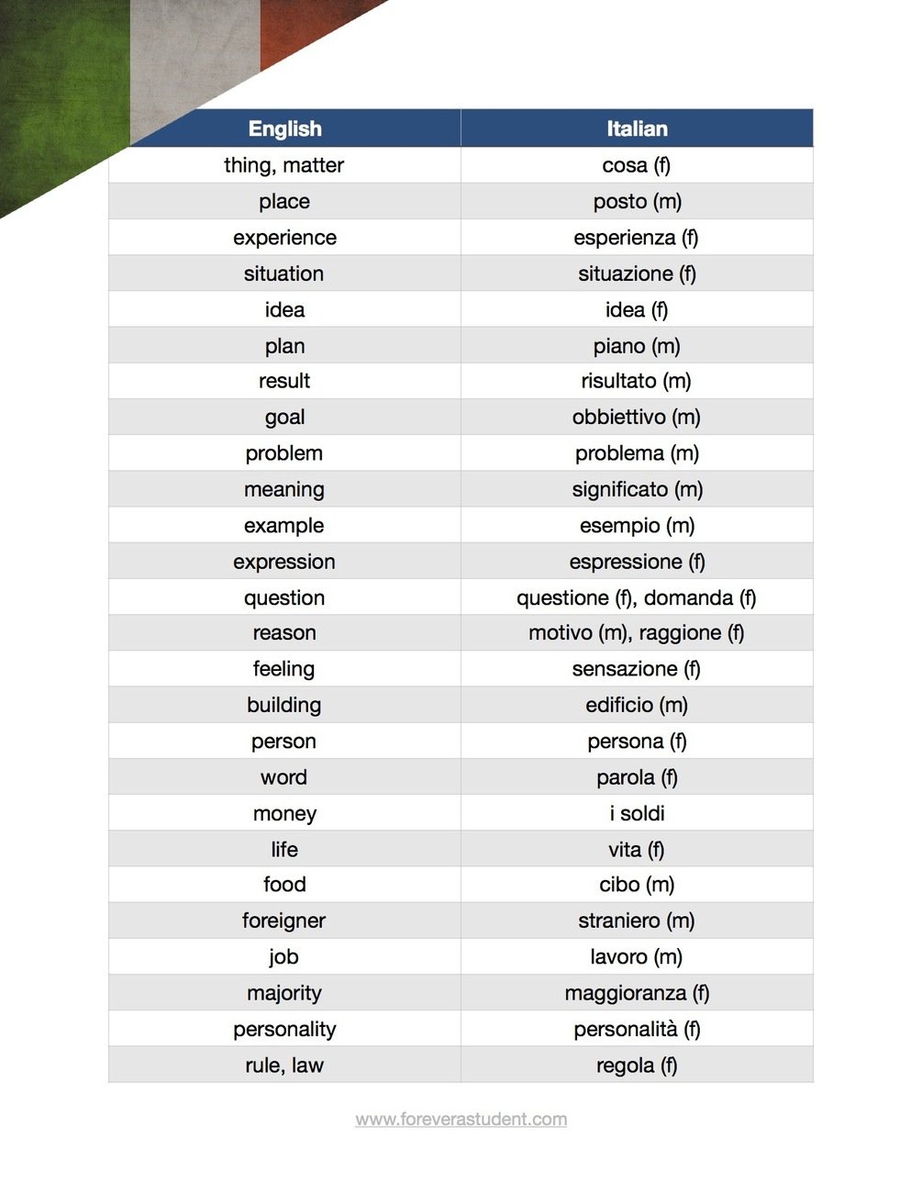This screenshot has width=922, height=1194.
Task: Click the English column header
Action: (x=284, y=128)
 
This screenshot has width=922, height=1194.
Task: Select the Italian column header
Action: (x=637, y=128)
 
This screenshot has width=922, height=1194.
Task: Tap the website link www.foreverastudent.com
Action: (x=461, y=1119)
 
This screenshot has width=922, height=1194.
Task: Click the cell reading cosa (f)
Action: (x=637, y=165)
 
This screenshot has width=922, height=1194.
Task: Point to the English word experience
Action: (x=284, y=238)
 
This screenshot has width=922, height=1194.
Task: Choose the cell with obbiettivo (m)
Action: (x=637, y=418)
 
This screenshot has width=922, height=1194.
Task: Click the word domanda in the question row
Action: (x=688, y=598)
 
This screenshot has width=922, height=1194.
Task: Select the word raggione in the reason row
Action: (x=680, y=633)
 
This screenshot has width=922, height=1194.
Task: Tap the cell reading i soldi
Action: (x=637, y=814)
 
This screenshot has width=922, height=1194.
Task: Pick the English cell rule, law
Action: (x=284, y=1066)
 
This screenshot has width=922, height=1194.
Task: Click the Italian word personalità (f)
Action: (x=637, y=1030)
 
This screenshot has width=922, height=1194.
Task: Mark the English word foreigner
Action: (x=284, y=921)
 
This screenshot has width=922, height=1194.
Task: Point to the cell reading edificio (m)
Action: (x=637, y=706)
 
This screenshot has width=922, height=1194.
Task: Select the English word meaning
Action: (x=284, y=490)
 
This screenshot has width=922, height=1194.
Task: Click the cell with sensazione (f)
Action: (x=637, y=669)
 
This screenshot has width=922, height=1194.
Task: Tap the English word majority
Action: (x=284, y=993)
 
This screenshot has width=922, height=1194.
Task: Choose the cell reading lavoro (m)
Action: (x=637, y=957)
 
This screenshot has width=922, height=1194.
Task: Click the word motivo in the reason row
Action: (x=560, y=633)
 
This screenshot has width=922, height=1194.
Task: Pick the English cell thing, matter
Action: (x=284, y=165)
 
